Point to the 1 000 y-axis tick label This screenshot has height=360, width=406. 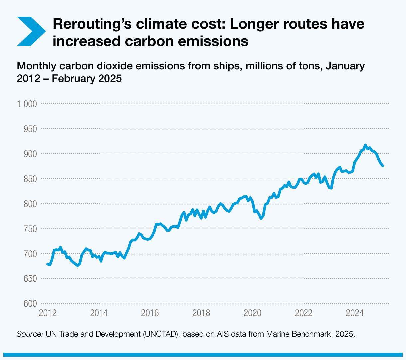pyautogui.click(x=27, y=104)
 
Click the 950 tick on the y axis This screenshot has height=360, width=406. pyautogui.click(x=30, y=129)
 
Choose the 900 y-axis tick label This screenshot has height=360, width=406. pyautogui.click(x=30, y=154)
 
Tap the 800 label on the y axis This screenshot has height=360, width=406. pyautogui.click(x=30, y=204)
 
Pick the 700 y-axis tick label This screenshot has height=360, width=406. pyautogui.click(x=30, y=254)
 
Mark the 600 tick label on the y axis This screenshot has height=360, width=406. pyautogui.click(x=30, y=304)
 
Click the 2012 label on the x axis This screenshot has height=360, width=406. pyautogui.click(x=47, y=313)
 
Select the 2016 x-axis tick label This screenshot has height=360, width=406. pyautogui.click(x=150, y=313)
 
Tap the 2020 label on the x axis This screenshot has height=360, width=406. pyautogui.click(x=252, y=313)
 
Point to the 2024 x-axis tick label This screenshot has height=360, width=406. pyautogui.click(x=355, y=313)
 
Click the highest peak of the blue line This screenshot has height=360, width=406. pyautogui.click(x=365, y=145)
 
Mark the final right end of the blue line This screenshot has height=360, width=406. pyautogui.click(x=383, y=166)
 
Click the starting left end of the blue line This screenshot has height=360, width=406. pyautogui.click(x=47, y=264)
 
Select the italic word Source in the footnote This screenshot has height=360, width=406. pyautogui.click(x=30, y=334)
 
